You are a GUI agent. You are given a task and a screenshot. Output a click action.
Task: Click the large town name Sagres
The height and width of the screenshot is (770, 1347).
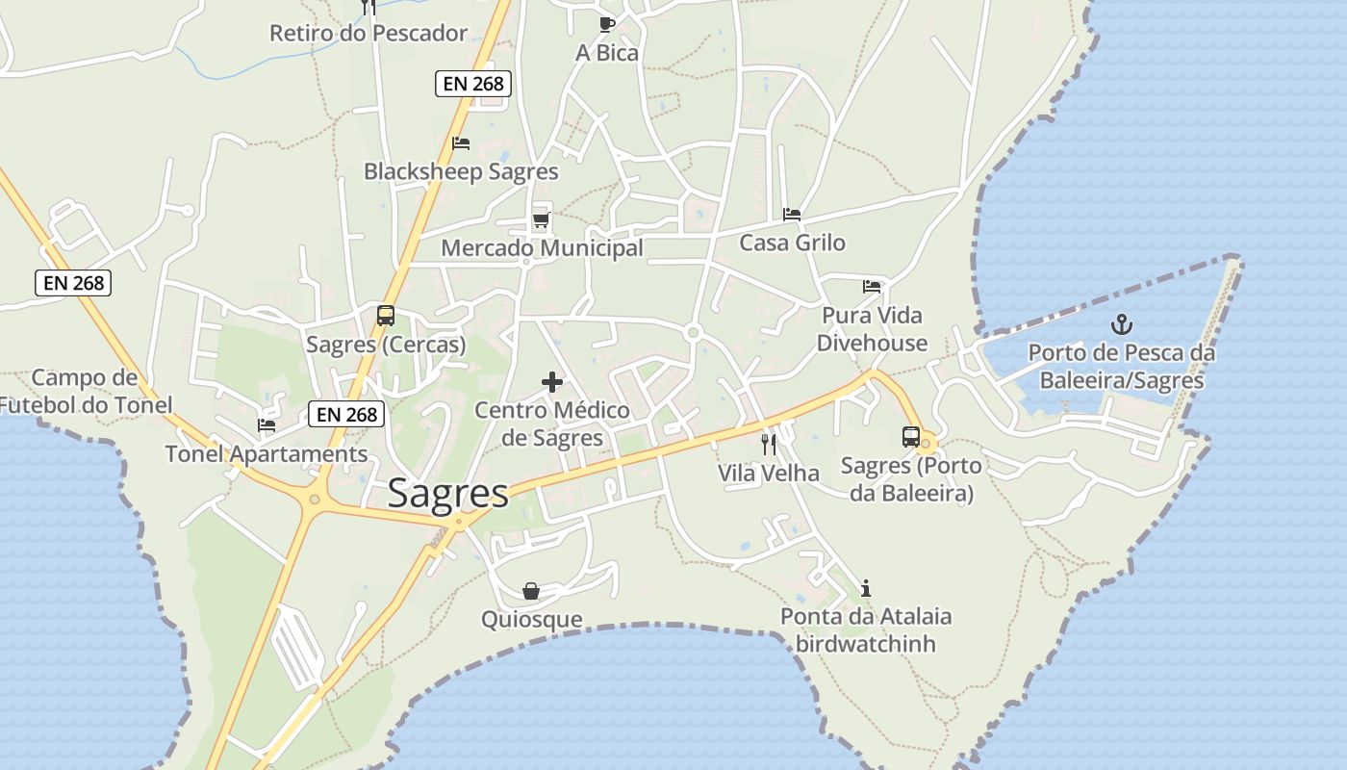point(448,494)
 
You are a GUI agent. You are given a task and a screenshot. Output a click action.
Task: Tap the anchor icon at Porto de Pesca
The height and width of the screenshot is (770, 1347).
point(1121,324)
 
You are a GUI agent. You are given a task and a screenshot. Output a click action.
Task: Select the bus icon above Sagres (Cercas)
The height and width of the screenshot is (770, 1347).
point(386,316)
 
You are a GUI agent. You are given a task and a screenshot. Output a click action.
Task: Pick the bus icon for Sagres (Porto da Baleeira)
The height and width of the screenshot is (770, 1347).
point(911,437)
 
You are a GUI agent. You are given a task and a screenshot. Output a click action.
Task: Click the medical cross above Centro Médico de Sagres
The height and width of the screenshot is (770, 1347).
point(552,382)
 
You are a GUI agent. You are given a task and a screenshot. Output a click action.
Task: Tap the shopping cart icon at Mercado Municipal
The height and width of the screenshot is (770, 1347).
point(541,220)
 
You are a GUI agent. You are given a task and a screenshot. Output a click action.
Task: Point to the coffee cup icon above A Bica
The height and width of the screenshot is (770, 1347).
point(606,24)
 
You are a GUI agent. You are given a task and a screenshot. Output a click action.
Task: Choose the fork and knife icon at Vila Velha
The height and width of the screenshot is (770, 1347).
point(768,444)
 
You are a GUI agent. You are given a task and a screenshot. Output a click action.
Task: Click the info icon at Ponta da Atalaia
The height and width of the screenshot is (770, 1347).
point(866,588)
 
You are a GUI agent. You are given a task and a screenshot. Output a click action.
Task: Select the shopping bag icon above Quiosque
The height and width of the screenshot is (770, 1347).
point(531,591)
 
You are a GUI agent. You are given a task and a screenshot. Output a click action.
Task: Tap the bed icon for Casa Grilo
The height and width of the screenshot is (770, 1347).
point(792,214)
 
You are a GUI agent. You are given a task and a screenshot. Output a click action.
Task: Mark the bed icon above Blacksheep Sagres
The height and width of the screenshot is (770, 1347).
point(461,143)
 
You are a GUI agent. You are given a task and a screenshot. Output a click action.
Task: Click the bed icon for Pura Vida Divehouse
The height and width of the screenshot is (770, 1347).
point(872,286)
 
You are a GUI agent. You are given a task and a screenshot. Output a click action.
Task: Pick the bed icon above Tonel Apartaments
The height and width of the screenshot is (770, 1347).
point(267,424)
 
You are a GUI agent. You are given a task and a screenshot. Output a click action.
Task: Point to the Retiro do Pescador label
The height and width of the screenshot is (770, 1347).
point(369,34)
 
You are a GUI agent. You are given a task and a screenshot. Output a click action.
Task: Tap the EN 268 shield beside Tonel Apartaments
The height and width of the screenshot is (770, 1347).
point(346,415)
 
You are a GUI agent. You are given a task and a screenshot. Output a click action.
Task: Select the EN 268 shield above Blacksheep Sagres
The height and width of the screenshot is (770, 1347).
point(472,84)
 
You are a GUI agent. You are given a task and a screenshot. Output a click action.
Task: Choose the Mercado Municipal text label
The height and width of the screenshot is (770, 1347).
point(542,248)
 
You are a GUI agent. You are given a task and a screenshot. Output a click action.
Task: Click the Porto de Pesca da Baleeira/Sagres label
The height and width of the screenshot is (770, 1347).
point(1122,367)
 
